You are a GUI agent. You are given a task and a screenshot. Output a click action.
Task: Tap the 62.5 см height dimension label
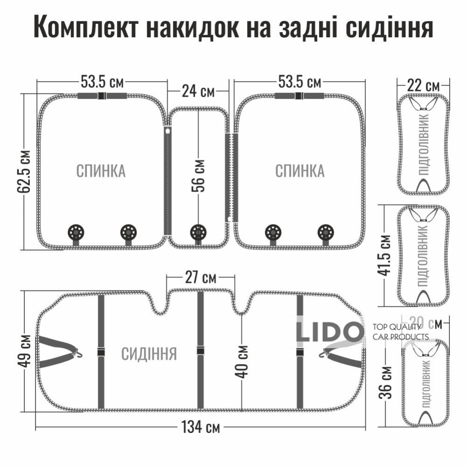click(x=26, y=171)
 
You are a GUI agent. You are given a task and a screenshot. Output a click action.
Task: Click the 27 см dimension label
click(x=200, y=278)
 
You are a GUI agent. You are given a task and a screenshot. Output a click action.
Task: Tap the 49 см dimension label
click(x=26, y=350)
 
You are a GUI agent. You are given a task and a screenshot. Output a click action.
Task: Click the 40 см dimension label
click(x=241, y=362)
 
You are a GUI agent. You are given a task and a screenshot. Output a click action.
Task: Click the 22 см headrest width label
click(x=423, y=86)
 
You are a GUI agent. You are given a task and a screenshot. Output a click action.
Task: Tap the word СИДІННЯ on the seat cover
click(x=149, y=354)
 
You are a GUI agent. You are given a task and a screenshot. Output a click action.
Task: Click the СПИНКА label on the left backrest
click(x=101, y=171)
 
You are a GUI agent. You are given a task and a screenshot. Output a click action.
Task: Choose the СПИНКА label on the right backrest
click(x=299, y=171)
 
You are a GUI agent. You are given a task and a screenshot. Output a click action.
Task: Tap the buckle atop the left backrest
click(x=101, y=96)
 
